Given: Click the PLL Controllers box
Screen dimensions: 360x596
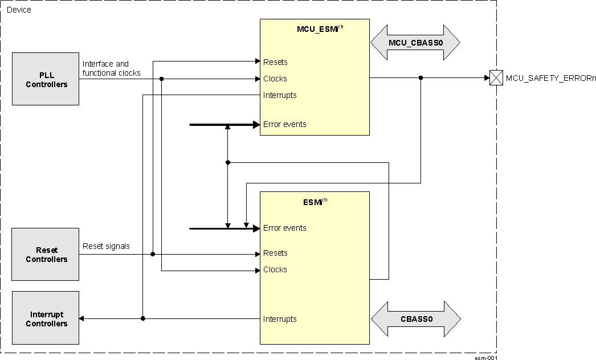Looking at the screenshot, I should coord(46,79).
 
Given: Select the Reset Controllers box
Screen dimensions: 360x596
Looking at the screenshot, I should coord(46,255).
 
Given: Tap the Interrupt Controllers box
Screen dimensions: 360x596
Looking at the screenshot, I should coord(46,319).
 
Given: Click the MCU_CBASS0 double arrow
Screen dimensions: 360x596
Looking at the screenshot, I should coord(415,43).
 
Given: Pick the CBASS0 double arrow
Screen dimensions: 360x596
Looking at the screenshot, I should coord(415,319).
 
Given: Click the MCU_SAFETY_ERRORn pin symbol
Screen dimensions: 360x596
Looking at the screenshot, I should coord(495,79).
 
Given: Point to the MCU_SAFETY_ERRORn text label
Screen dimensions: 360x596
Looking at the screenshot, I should coord(550,79).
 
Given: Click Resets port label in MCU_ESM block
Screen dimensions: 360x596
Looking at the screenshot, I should coord(275,62).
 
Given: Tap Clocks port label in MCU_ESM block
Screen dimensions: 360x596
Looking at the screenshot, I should coord(275,79).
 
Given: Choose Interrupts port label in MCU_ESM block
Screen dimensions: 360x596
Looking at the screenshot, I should coord(280,95).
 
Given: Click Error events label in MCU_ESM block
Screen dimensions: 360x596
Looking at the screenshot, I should coord(284,124).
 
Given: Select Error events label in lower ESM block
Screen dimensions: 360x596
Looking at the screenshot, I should coord(284,228).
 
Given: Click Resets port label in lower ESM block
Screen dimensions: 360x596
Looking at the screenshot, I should coord(275,253).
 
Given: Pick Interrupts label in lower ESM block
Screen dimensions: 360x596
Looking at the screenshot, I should coord(280,319).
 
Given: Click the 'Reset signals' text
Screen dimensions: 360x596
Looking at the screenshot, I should coord(106,246).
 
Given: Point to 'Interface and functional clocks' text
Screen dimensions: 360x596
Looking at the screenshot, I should coord(111,68).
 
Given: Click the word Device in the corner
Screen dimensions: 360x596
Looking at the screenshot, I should coord(19,10).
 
